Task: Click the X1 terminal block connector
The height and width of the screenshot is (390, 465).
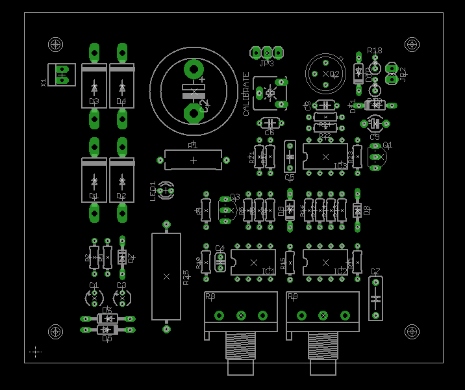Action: tap(62, 75)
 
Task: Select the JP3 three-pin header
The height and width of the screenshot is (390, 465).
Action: tap(267, 52)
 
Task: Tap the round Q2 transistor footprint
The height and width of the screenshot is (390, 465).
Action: tap(325, 73)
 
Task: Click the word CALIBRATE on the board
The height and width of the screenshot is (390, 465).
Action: tap(246, 94)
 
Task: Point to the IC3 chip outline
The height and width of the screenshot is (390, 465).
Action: tap(325, 157)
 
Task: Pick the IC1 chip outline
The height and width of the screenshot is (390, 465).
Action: tap(253, 262)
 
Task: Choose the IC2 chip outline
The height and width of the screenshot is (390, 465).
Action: tap(325, 262)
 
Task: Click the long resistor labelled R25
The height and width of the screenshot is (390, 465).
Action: tap(166, 276)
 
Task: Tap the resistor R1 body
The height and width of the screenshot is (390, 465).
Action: tap(193, 160)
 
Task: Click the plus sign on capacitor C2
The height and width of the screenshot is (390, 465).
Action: tap(202, 79)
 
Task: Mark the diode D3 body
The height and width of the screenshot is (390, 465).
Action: tap(94, 86)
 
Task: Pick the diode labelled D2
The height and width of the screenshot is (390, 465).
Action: tap(121, 180)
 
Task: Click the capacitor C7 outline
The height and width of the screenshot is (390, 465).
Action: tap(375, 298)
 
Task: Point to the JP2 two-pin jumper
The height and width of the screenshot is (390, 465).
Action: tap(392, 73)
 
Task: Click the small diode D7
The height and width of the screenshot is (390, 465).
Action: tap(121, 257)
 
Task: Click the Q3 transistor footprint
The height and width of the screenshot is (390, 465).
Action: tap(226, 209)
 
